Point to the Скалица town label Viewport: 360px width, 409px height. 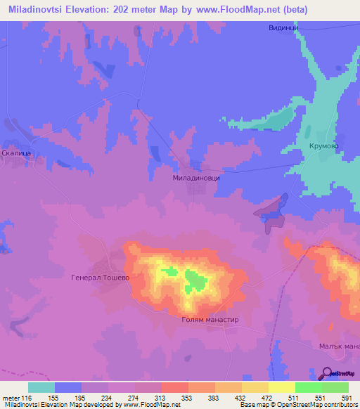15,152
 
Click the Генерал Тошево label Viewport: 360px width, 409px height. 101,278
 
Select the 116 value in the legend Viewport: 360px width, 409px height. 27,397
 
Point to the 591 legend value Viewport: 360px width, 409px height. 347,397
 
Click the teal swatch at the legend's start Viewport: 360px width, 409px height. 41,387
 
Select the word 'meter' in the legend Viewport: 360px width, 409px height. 11,397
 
